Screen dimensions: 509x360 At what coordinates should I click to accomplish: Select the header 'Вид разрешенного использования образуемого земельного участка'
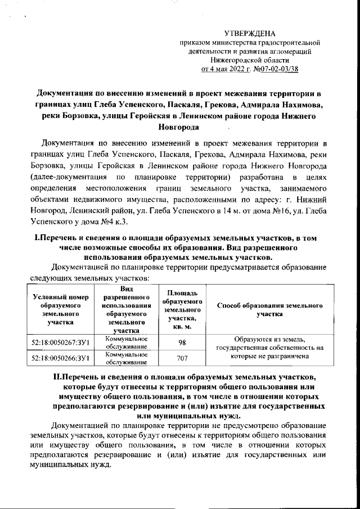tap(124, 309)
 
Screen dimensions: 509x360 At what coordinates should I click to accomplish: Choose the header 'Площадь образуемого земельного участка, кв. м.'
tap(182, 310)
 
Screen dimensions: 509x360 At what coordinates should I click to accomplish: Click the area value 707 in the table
tap(182, 358)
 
